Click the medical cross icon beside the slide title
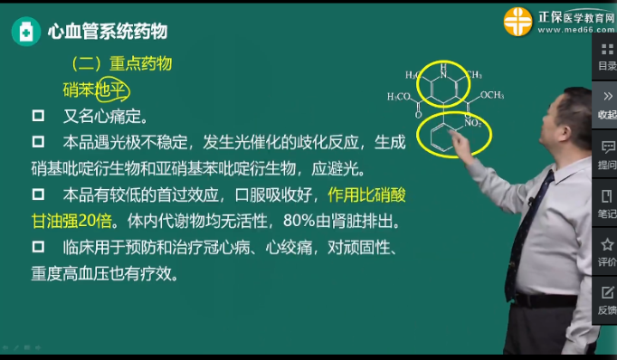[x=26, y=32]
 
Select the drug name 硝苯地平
[x=96, y=90]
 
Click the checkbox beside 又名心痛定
[x=38, y=116]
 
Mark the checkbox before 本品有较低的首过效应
[x=38, y=194]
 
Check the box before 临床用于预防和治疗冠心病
[x=38, y=247]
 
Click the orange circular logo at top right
[x=518, y=22]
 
